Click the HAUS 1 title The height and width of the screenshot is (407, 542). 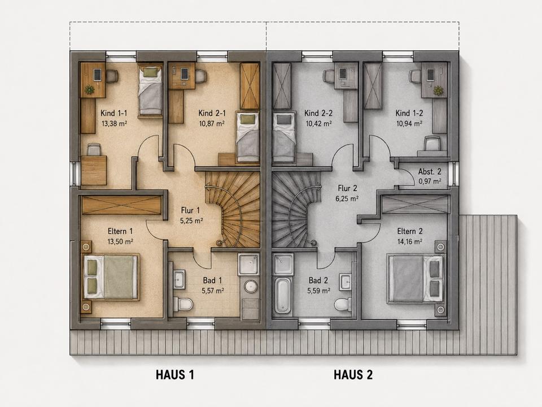175,375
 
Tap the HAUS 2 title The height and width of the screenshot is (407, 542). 353,375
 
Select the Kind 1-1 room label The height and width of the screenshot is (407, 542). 114,113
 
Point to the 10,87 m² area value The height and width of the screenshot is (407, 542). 212,123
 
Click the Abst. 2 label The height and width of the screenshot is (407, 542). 430,172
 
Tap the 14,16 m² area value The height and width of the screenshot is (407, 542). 410,241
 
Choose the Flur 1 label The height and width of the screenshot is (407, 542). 190,210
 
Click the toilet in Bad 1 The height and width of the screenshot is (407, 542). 183,304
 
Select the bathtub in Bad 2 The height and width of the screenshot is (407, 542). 282,295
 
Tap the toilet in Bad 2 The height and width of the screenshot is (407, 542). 342,304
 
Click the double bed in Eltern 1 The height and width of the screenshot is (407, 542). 111,276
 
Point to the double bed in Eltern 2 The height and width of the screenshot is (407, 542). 416,279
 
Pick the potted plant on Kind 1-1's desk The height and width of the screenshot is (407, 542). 90,89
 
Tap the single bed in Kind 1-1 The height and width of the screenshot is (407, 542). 150,89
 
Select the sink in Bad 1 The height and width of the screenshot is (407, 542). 179,280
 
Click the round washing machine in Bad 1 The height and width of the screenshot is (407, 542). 250,286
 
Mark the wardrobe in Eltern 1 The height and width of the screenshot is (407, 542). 122,205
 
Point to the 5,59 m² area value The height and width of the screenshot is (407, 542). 318,291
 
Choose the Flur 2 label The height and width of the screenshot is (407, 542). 347,189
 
